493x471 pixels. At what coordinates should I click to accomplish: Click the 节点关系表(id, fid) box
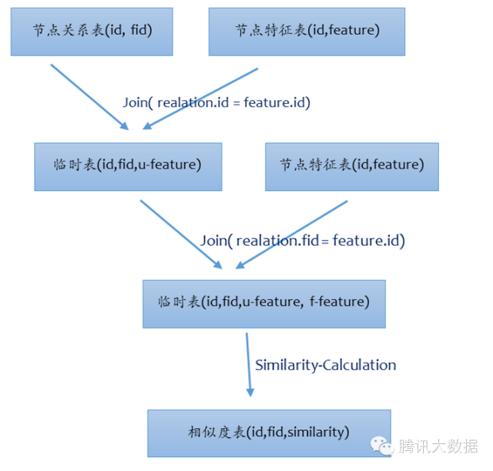click(x=92, y=32)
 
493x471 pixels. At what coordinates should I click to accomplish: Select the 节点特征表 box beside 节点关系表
click(x=307, y=32)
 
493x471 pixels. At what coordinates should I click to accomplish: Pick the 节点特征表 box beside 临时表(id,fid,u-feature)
click(x=351, y=165)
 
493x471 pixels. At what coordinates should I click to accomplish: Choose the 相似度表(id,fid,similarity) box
click(x=269, y=432)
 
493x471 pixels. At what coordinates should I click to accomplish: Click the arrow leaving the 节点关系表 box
click(x=89, y=96)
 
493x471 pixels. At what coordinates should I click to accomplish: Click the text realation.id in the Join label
click(x=197, y=102)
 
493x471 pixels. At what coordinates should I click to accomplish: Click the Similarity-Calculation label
click(x=325, y=365)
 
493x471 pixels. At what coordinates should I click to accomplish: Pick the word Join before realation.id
click(x=136, y=102)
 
